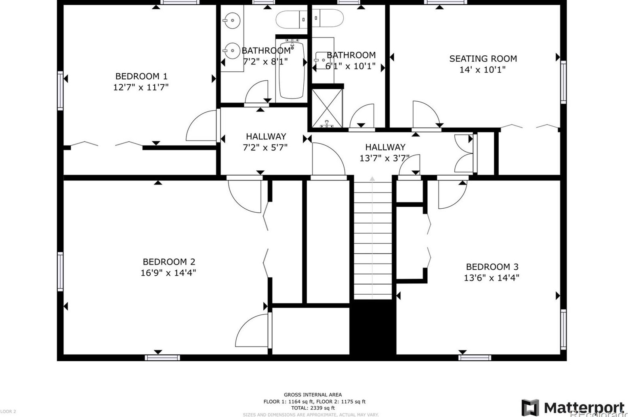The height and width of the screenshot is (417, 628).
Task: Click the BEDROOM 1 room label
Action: (x=141, y=76)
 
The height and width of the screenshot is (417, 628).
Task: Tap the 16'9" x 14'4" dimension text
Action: (x=168, y=273)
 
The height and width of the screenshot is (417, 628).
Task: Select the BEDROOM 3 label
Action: (x=492, y=267)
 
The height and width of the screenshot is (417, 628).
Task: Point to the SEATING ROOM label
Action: (x=483, y=59)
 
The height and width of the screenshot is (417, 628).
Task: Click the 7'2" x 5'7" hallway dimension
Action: (x=265, y=148)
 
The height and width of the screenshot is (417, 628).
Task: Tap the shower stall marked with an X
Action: (x=327, y=107)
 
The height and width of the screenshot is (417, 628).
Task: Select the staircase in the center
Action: (x=372, y=240)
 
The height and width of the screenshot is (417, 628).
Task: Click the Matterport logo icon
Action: (x=530, y=407)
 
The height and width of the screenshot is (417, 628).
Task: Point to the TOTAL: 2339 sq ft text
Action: (x=314, y=408)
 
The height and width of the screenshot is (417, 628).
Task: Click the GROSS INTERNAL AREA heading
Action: (x=313, y=395)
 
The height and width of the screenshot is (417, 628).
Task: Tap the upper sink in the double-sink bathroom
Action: (x=232, y=20)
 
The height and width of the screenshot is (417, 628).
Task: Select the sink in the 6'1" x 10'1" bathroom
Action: (x=323, y=60)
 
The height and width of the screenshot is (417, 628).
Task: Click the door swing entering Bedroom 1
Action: (x=202, y=126)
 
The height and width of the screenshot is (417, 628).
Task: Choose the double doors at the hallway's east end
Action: (x=464, y=154)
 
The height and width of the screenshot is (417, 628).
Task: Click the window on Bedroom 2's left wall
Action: (x=60, y=271)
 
